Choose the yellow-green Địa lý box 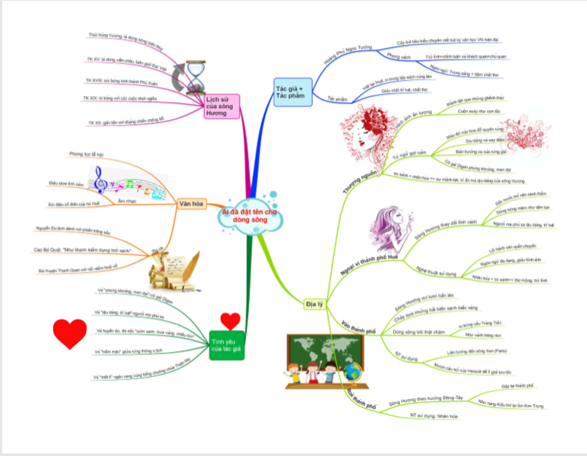(x=314, y=302)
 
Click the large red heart (x=70, y=334)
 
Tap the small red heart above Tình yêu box (x=231, y=321)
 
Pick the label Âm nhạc (x=126, y=201)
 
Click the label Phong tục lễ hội (x=86, y=154)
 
